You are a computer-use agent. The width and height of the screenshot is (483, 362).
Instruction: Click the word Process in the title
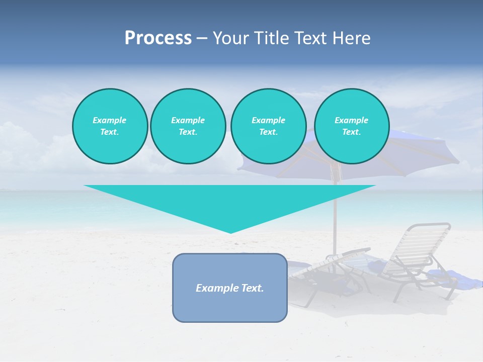pyautogui.click(x=158, y=38)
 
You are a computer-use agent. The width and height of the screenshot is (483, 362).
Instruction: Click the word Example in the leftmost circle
pyautogui.click(x=109, y=120)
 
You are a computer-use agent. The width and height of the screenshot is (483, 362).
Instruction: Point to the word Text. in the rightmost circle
pyautogui.click(x=352, y=132)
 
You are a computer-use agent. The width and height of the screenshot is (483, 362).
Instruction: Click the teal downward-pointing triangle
pyautogui.click(x=230, y=201)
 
